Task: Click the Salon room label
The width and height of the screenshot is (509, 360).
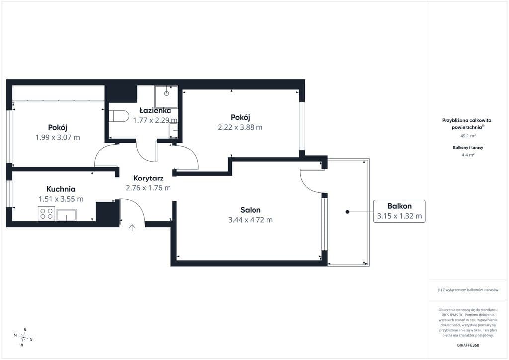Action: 251,210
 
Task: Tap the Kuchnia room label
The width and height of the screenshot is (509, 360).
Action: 61,189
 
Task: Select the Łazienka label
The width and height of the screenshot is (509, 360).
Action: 155,111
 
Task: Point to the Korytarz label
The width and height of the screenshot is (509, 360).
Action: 148,178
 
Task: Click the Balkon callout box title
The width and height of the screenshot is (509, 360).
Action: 399,206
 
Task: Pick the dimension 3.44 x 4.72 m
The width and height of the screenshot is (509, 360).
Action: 251,220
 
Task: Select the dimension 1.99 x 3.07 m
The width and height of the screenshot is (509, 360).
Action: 58,137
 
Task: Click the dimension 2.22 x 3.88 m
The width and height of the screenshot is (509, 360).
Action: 240,127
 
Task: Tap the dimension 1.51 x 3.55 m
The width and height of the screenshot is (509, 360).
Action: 61,199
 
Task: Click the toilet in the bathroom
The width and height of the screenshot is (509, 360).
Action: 119,116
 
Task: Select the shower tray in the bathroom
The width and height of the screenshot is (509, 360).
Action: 166,97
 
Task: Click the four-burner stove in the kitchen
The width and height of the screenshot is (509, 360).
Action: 46,214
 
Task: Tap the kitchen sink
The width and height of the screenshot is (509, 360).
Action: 66,215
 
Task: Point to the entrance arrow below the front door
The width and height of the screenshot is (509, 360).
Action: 132,227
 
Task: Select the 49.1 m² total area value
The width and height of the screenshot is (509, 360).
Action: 468,136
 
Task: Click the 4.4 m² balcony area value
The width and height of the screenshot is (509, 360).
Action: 468,155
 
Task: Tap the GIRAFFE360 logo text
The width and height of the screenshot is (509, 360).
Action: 468,345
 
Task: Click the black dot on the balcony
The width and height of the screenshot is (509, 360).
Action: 347,212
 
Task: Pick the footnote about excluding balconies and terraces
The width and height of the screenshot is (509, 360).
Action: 468,290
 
